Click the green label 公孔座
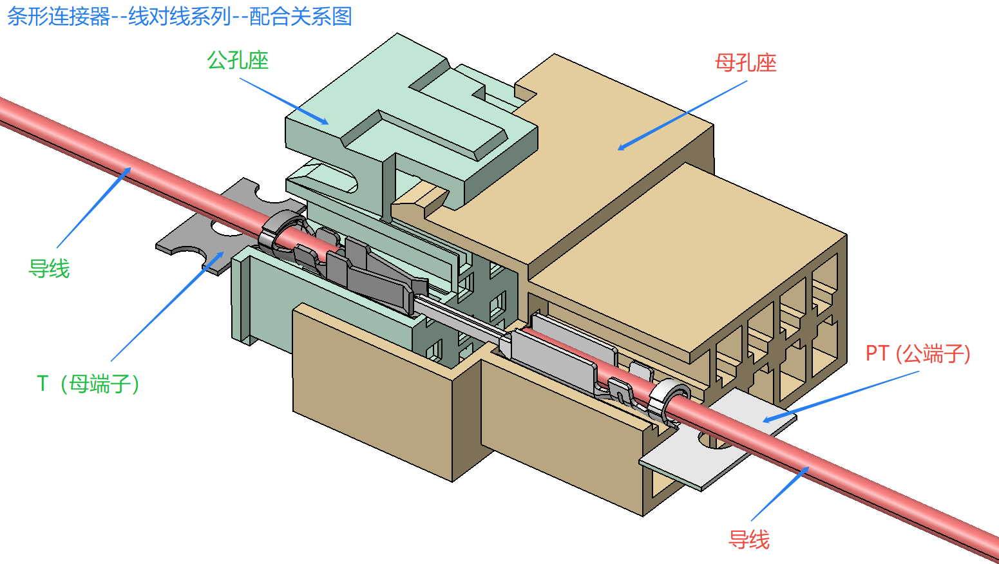click(238, 61)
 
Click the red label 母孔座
click(746, 63)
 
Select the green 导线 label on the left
click(49, 269)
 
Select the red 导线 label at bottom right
click(749, 540)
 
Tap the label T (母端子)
click(88, 384)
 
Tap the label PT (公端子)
click(918, 354)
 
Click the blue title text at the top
click(180, 17)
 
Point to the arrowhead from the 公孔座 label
click(324, 122)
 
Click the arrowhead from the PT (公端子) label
click(768, 420)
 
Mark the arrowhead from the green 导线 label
click(127, 171)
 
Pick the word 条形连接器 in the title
click(59, 17)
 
